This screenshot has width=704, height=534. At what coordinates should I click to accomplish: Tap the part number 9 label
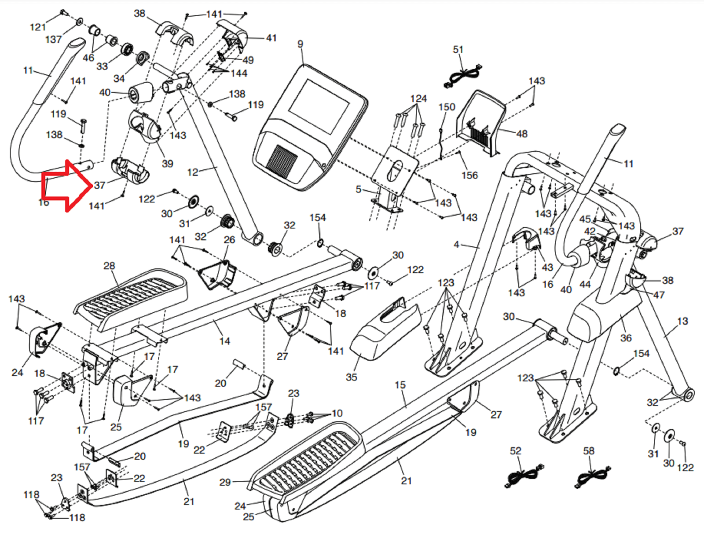tap(300, 44)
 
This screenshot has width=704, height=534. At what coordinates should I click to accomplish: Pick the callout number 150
tap(447, 107)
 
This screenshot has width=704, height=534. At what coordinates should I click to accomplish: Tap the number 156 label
tap(469, 175)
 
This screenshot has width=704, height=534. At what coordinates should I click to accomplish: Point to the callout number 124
tap(418, 99)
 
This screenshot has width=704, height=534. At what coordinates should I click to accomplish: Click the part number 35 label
tap(351, 377)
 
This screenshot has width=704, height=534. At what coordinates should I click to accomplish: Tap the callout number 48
tap(521, 133)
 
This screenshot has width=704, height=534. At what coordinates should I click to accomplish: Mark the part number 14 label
tap(224, 341)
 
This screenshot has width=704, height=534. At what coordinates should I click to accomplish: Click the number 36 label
tap(626, 338)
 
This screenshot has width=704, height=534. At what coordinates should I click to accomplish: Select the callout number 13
tap(682, 321)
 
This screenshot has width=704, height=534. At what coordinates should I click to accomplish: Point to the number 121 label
tap(38, 27)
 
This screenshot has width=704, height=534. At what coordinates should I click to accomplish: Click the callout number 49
tap(248, 60)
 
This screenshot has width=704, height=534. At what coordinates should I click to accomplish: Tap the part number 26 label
tap(229, 240)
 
